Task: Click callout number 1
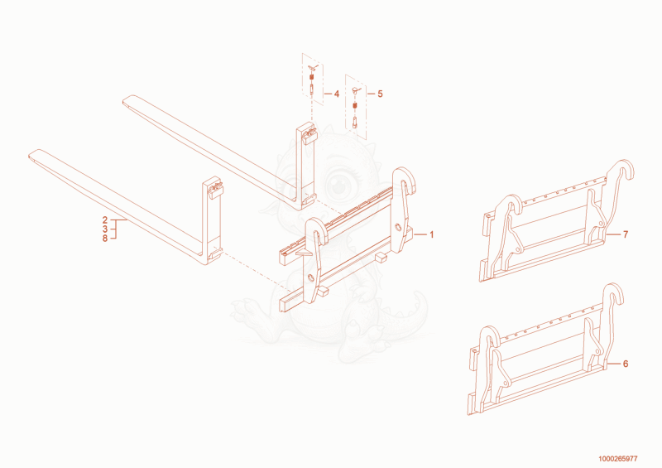point(431,234)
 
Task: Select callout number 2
point(105,220)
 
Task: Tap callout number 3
point(105,229)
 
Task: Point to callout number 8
point(105,239)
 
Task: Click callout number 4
point(337,94)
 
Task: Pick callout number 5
point(380,94)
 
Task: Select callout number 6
point(626,364)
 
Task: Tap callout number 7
point(626,234)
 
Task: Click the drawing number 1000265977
point(617,459)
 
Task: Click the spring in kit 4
point(312,78)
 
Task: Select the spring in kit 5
point(355,105)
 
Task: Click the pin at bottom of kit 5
point(354,123)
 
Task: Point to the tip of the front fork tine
point(29,157)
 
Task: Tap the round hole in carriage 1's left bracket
point(311,277)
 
